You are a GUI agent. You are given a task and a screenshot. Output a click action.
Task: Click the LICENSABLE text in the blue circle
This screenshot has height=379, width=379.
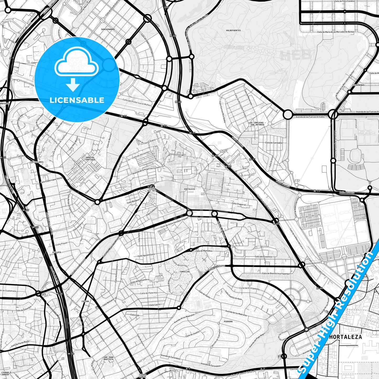click(77, 100)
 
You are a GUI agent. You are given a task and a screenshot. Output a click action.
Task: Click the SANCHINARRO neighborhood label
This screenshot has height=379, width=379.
click(108, 29)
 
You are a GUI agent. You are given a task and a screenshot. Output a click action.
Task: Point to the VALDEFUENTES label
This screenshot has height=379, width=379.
click(233, 31)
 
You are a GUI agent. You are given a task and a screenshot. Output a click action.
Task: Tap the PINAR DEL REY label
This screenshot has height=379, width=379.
click(152, 190)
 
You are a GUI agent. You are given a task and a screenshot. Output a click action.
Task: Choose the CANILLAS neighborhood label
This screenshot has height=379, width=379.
click(185, 272)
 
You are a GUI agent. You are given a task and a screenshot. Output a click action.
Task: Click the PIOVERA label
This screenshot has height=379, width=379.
click(228, 321)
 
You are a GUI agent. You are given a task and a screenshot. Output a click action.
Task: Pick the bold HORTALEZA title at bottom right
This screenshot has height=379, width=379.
click(345, 337)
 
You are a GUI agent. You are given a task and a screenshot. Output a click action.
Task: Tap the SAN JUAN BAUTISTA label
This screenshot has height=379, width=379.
click(108, 358)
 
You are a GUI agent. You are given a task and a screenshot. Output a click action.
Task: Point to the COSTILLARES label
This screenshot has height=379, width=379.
click(37, 162)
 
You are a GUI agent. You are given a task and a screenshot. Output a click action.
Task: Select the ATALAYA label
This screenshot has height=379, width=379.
click(57, 252)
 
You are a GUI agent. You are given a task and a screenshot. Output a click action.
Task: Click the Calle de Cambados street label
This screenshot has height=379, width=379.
click(274, 143)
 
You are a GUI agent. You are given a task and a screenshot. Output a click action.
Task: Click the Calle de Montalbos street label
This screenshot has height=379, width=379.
click(204, 251)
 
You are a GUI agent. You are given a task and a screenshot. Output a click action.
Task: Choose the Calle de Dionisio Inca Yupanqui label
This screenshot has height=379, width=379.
click(276, 273)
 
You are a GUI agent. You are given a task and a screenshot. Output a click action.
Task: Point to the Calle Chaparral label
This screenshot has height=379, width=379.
click(239, 204)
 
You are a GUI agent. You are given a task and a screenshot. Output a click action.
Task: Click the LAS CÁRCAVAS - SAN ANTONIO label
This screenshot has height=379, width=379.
click(257, 124)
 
